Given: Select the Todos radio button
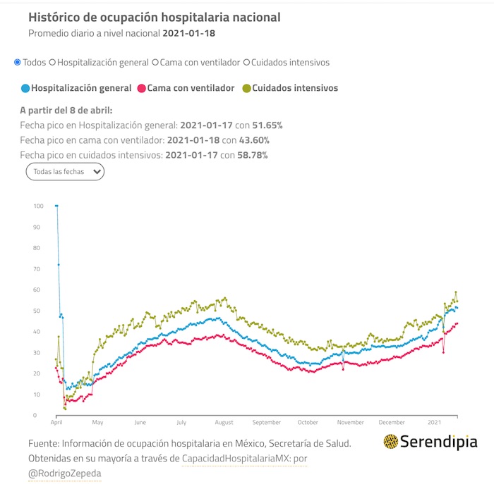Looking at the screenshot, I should pos(18,62).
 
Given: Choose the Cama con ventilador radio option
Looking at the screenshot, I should pos(155,62).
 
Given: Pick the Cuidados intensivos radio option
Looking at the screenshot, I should pos(246,62).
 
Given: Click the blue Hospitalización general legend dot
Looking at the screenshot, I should pos(25,89).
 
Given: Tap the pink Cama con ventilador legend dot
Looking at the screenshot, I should pos(141,89).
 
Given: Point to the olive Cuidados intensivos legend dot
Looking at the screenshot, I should pos(246,89).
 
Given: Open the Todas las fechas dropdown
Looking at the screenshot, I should pos(65,171).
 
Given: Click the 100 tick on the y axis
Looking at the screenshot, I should pos(38,206).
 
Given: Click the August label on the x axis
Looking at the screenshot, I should pos(224,423).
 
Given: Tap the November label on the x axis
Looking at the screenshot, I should pos(350,423).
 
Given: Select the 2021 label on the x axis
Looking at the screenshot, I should pos(434,423).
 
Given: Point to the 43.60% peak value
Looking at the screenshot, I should pos(250,140).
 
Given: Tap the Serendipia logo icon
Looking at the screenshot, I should pos(390,442).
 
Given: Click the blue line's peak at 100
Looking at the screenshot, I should pos(56,206).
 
